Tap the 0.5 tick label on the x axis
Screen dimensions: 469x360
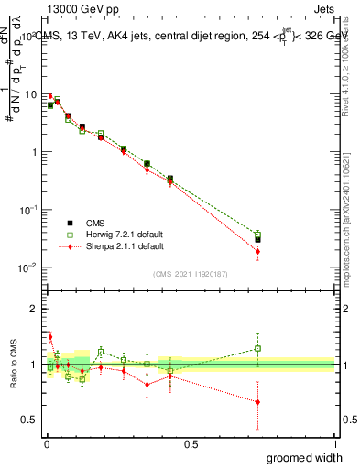point(191,444)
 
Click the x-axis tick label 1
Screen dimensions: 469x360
point(334,444)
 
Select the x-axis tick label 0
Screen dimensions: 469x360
point(47,444)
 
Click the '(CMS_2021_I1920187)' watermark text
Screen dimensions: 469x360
point(190,273)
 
